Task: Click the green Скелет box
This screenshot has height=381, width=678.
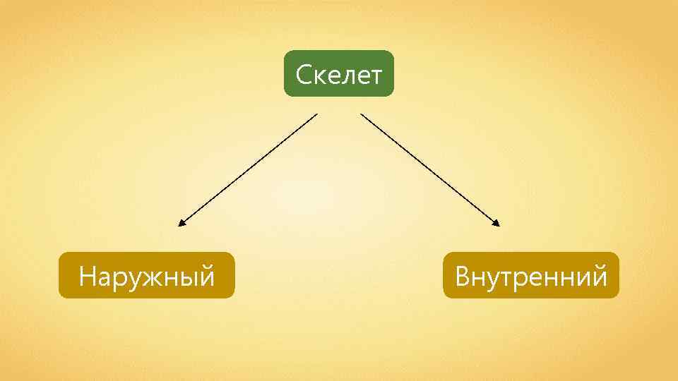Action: (339, 73)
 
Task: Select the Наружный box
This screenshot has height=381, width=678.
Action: (146, 275)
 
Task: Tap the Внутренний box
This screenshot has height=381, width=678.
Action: (531, 275)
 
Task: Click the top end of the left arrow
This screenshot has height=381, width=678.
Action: (316, 114)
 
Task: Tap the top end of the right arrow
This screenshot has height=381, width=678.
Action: (362, 114)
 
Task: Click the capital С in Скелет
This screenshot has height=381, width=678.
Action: (304, 74)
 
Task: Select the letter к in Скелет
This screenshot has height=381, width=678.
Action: (319, 75)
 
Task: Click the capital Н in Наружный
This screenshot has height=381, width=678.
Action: (88, 276)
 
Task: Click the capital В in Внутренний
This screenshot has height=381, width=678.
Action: (463, 276)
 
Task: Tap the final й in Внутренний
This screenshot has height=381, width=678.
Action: (599, 275)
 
